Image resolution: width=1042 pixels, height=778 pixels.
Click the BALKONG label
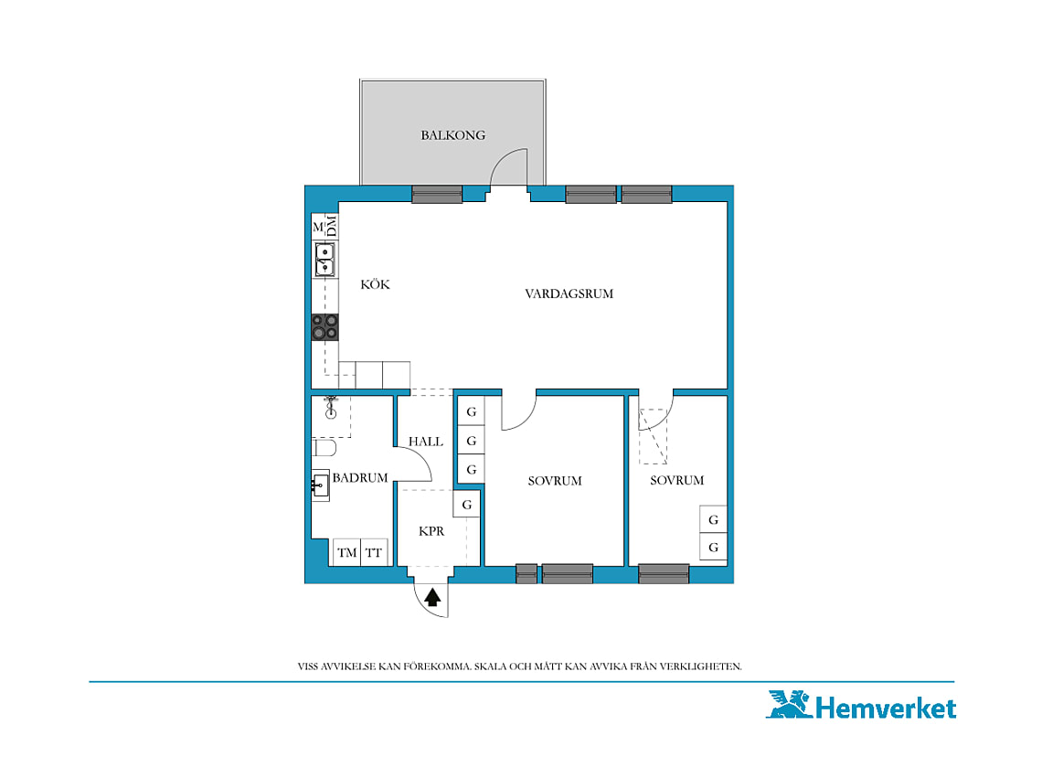point(452,135)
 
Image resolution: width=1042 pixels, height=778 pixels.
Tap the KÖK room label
point(375,284)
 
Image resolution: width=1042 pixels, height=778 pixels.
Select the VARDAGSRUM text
point(569,293)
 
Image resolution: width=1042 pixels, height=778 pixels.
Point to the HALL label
point(425,441)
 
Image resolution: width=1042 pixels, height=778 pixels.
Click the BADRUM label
point(359,477)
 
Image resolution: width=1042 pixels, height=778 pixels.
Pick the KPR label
point(431,530)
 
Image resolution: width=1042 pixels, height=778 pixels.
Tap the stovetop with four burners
point(325,327)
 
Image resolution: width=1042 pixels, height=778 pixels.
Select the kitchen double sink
point(324,260)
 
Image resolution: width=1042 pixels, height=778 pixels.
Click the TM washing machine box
point(346,552)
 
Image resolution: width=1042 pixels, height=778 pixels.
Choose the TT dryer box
point(374,552)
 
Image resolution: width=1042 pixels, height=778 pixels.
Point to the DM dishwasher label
point(332,226)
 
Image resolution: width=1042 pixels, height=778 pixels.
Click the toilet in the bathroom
point(324,448)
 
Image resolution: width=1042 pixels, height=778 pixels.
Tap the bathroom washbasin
point(320,485)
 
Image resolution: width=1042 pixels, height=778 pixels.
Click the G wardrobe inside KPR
point(466,504)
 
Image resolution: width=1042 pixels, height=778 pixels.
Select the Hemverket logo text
point(886,708)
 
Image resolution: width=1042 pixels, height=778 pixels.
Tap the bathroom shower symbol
point(330,407)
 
